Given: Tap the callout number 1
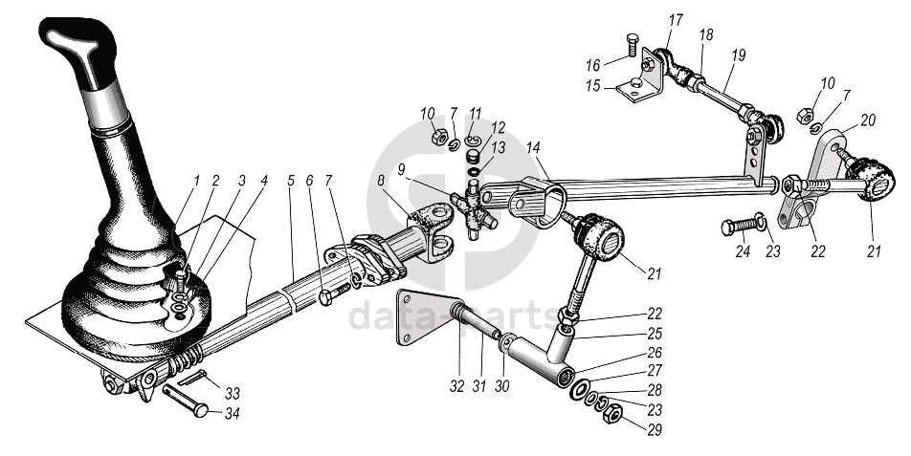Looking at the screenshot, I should click(196, 179).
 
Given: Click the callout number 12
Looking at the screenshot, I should click(499, 127).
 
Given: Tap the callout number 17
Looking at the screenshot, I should click(676, 18).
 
